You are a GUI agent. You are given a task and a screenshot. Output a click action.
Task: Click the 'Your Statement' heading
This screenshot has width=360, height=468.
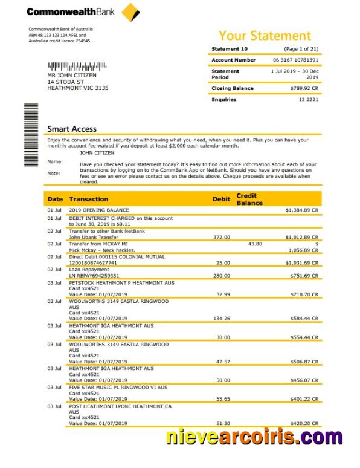click(265, 36)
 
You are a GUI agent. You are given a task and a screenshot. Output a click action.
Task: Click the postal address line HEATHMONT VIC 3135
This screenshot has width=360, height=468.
click(78, 88)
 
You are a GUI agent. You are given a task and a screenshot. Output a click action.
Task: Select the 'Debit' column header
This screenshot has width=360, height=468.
click(221, 199)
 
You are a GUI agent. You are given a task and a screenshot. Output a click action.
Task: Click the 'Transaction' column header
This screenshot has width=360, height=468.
click(89, 199)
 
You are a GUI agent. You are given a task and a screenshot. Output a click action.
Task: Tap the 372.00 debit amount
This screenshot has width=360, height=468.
click(222, 238)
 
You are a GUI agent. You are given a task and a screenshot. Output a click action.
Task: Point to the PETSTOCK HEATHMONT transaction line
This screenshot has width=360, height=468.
click(121, 282)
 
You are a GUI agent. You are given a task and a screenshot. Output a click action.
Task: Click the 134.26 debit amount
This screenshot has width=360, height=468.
click(222, 318)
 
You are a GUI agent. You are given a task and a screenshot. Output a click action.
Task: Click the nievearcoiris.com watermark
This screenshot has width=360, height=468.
click(254, 437)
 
